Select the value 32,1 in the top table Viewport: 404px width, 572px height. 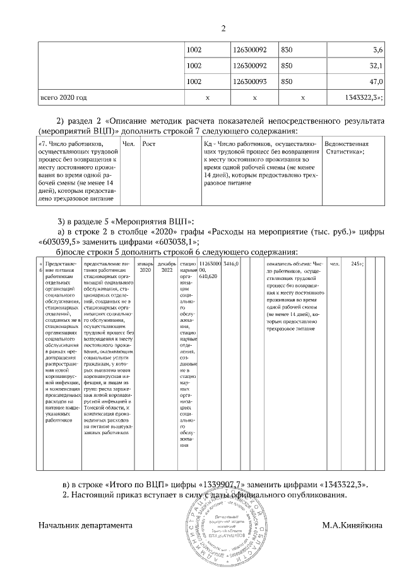click(377, 65)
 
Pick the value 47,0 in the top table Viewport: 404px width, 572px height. click(377, 82)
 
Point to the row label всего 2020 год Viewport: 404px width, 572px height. click(63, 98)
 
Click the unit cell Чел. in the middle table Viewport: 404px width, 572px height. click(128, 144)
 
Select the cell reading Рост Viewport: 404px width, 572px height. click(150, 144)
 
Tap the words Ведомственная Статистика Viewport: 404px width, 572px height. click(346, 148)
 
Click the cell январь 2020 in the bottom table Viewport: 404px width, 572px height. click(145, 265)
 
